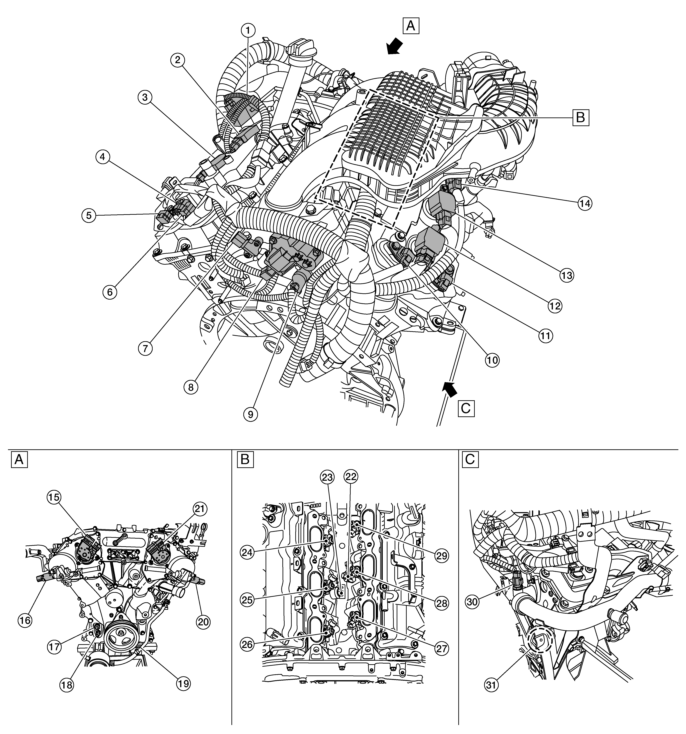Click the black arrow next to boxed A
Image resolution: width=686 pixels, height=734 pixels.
393,46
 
